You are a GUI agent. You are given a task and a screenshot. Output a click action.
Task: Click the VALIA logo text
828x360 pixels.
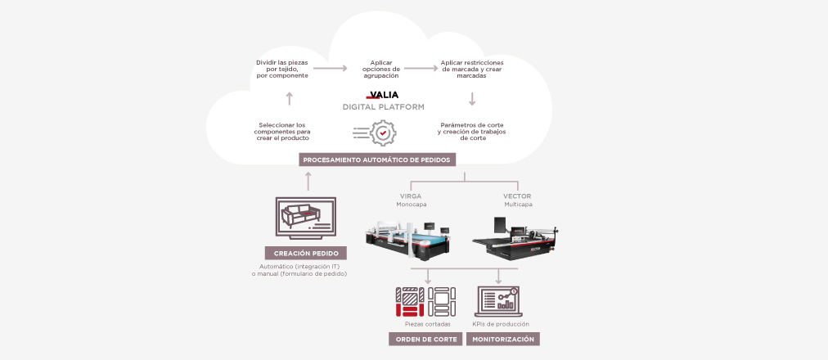[x=382, y=94]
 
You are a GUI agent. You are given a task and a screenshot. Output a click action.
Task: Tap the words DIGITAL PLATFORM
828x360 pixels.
[x=382, y=107]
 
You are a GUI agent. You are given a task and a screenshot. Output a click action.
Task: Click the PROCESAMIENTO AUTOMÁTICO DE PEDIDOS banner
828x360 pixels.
[x=376, y=160]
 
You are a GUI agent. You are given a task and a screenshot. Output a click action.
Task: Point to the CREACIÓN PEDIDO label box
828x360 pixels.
[x=306, y=253]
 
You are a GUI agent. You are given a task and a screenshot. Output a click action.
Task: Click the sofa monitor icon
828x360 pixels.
[x=307, y=218]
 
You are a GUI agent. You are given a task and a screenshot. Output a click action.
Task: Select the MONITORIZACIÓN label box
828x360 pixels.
[x=503, y=339]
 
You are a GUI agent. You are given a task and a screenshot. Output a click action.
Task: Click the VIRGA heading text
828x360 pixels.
[x=411, y=196]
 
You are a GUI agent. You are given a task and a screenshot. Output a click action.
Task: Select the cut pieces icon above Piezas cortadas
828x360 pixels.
[x=426, y=301]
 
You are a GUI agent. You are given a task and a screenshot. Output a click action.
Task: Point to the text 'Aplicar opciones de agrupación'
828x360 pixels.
[x=380, y=70]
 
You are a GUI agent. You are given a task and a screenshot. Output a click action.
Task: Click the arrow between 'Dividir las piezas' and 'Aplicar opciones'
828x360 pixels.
[x=331, y=70]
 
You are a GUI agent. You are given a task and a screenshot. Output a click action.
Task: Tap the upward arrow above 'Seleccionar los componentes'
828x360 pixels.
[x=289, y=99]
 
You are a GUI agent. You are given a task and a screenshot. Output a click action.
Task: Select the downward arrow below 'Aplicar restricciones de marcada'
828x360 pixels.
[x=472, y=100]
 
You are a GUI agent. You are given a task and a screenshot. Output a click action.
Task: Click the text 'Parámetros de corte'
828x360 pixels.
[x=472, y=125]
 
